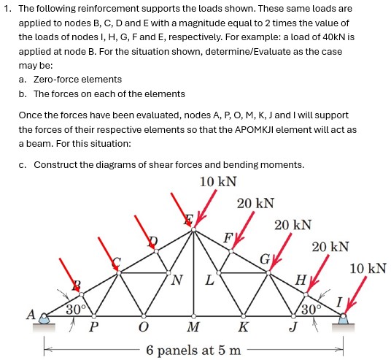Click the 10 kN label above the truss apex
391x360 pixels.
(217, 181)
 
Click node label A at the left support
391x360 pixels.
(31, 315)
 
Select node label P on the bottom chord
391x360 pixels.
(93, 326)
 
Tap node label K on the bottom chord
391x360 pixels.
(244, 326)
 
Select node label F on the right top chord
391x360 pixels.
(227, 237)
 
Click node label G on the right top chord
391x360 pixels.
(265, 258)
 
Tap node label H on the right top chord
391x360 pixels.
(299, 279)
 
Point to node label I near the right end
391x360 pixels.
(338, 301)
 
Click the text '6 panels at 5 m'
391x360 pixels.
(193, 350)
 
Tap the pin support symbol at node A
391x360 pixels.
(45, 318)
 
